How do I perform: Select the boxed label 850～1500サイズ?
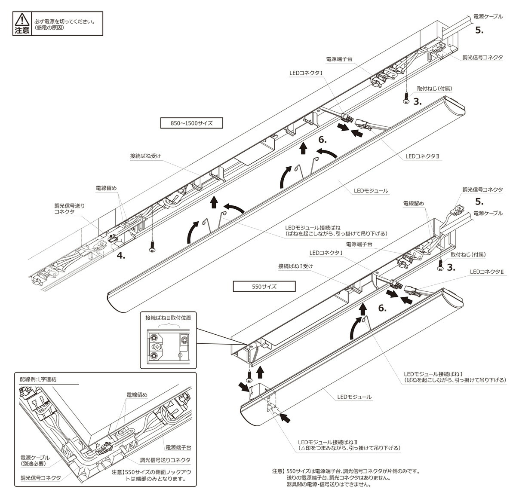click(192, 123)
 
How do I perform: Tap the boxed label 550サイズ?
click(264, 286)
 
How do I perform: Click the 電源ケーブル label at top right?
click(488, 16)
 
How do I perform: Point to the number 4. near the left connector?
click(121, 255)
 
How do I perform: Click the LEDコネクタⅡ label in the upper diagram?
click(421, 157)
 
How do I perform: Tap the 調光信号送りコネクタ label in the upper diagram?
click(69, 209)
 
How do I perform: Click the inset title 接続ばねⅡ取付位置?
click(168, 318)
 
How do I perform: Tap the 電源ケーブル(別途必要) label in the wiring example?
click(35, 460)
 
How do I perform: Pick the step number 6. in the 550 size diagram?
click(382, 308)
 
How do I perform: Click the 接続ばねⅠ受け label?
click(295, 266)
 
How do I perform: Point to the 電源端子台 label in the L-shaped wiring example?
click(178, 447)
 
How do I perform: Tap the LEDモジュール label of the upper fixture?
click(371, 190)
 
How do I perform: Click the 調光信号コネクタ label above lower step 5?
click(482, 189)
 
